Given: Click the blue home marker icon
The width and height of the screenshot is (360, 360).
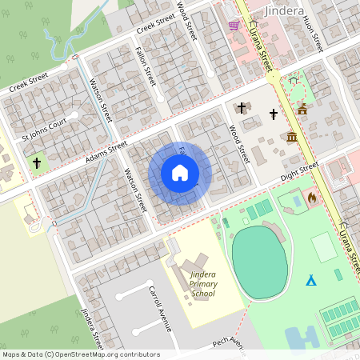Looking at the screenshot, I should coord(180,173).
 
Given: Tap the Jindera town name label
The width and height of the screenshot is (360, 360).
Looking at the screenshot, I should coord(282,10).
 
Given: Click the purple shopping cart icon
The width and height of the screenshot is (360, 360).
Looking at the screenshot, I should coord(234,25).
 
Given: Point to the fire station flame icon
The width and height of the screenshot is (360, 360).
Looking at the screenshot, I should coord(311,196).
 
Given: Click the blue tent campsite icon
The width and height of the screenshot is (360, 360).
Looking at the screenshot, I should coord(310,280).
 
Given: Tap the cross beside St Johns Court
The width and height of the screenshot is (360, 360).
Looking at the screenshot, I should coord(37,163).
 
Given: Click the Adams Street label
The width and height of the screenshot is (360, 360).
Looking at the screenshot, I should coord(106,153).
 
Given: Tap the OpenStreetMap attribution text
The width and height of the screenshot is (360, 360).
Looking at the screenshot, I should coord(81,354).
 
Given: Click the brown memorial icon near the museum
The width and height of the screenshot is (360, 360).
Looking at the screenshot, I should coord(302,110).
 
